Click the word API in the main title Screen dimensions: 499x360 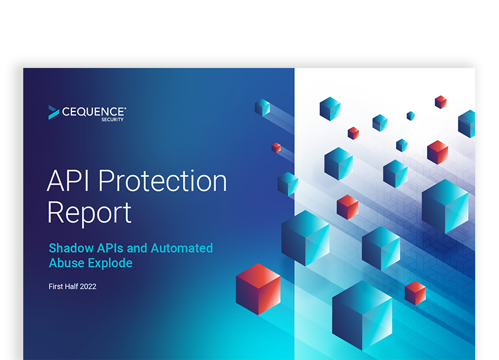tap(67, 181)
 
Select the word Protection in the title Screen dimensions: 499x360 tap(163, 181)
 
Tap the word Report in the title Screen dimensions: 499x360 tap(89, 213)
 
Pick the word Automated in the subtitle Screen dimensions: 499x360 tap(182, 248)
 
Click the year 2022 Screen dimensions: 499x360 tap(88, 287)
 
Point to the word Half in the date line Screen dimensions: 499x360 tap(71, 287)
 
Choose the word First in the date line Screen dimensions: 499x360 tap(56, 287)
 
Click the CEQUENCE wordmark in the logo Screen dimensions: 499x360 tap(94, 111)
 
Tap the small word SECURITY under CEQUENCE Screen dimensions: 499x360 tap(113, 120)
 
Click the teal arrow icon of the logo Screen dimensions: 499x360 tap(54, 113)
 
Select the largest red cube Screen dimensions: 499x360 tap(258, 289)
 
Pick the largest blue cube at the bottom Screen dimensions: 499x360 tap(362, 315)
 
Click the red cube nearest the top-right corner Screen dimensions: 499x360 tap(441, 102)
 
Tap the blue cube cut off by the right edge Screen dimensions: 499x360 tap(467, 124)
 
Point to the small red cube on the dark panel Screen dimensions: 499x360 tap(276, 148)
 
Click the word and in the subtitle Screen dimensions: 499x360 tap(137, 248)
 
